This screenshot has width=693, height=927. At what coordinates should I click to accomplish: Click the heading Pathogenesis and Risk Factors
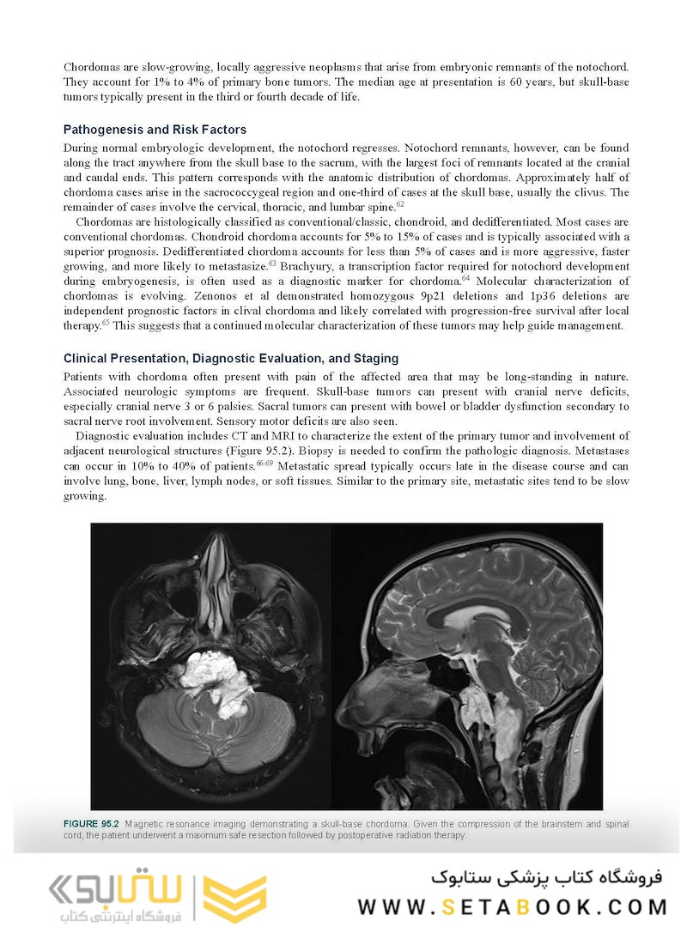[x=155, y=130]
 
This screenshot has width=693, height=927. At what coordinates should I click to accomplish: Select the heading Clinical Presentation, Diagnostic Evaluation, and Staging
[x=231, y=358]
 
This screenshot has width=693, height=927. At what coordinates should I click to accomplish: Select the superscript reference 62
[x=400, y=204]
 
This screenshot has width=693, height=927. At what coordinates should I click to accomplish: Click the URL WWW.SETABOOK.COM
[x=513, y=907]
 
